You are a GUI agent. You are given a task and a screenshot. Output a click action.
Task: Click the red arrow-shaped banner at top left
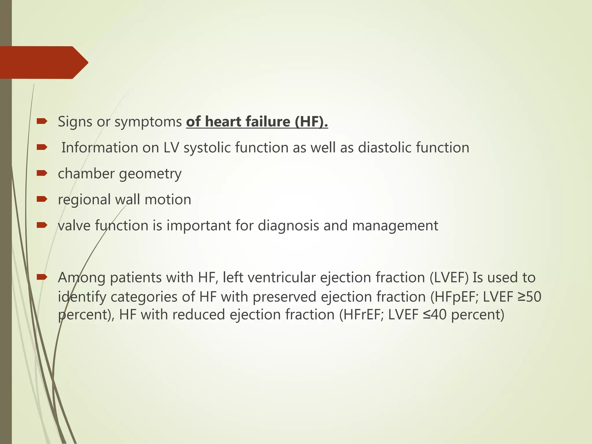click(43, 62)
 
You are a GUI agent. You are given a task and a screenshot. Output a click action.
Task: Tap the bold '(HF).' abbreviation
click(311, 121)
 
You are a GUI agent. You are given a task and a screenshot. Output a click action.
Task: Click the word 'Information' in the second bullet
click(100, 147)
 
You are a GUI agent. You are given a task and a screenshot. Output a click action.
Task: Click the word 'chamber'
click(86, 173)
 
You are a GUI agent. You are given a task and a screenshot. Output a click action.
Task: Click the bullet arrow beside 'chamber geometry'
click(42, 173)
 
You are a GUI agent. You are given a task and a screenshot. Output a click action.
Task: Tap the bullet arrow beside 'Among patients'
click(42, 277)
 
